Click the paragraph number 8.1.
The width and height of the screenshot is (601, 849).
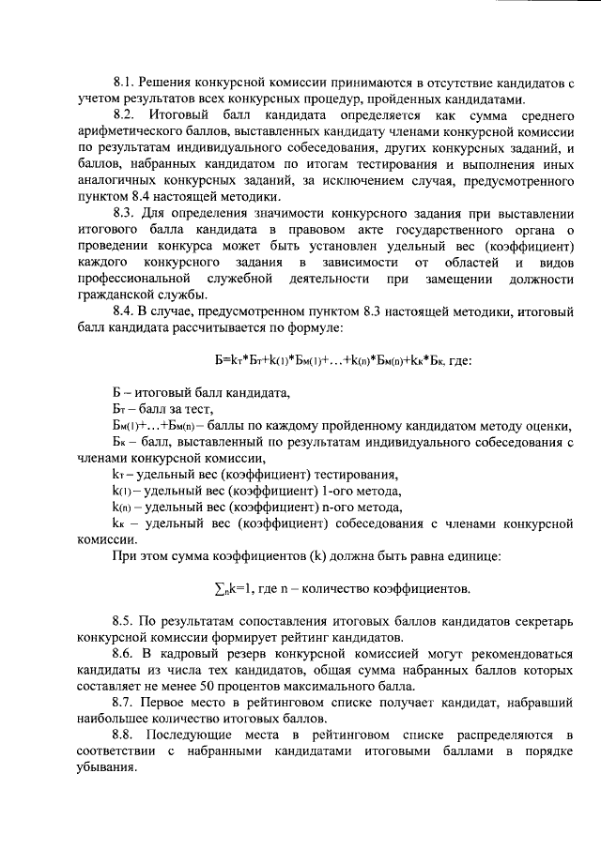point(124,85)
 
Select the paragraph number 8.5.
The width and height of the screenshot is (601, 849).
point(124,620)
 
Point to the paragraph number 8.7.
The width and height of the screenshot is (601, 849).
point(124,701)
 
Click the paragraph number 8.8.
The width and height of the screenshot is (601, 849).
point(124,732)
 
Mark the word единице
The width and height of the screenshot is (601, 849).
point(470,555)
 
